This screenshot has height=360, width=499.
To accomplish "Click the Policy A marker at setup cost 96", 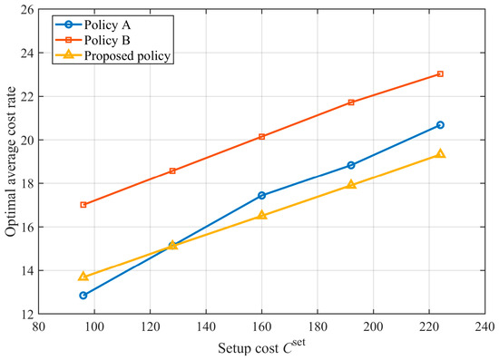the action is [x=83, y=296].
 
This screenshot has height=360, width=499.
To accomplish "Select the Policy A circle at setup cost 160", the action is [x=261, y=195].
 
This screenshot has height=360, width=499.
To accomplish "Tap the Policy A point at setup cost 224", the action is [x=440, y=125].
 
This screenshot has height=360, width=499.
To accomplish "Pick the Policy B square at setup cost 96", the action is [x=83, y=205].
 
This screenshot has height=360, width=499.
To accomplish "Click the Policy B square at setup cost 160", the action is [x=261, y=137].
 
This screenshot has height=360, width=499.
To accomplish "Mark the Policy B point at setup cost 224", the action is [x=440, y=73].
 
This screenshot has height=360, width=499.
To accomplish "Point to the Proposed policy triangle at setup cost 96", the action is [x=83, y=276].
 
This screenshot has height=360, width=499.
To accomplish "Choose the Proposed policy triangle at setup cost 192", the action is [x=351, y=184].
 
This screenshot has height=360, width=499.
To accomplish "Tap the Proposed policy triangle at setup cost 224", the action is [x=440, y=153].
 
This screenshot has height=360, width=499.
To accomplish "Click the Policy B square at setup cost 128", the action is [x=172, y=170].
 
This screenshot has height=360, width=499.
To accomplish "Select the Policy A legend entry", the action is [x=93, y=24].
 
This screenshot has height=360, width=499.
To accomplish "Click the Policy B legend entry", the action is [x=93, y=40].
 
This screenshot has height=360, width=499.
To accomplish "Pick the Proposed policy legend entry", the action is [x=113, y=55].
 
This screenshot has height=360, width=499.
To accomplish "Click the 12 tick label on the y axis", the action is [x=28, y=314].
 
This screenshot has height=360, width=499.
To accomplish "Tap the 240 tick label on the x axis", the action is [x=485, y=326].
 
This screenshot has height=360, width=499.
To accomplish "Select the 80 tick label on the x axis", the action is [x=38, y=326].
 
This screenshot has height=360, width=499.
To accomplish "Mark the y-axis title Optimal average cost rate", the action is [x=11, y=161].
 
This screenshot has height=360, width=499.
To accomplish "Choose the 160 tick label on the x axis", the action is [x=261, y=326].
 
